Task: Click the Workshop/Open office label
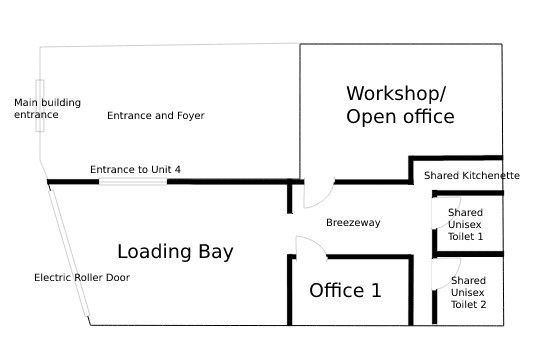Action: [x=400, y=105]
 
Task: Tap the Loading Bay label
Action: [x=175, y=252]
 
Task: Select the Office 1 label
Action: [x=345, y=290]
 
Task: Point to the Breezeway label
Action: [x=353, y=222]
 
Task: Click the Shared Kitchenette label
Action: [x=472, y=175]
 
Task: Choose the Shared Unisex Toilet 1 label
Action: [x=465, y=224]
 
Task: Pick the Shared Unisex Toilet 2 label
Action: [x=468, y=292]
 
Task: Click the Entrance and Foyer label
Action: [x=156, y=115]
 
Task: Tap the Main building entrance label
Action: [x=47, y=108]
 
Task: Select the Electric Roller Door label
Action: [x=82, y=277]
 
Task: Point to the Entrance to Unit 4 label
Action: [x=135, y=169]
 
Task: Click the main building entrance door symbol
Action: [x=40, y=105]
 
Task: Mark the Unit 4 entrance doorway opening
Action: [x=133, y=182]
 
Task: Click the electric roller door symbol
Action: [x=69, y=253]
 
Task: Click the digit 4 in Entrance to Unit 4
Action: [x=177, y=169]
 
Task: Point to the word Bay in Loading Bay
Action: [x=216, y=252]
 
